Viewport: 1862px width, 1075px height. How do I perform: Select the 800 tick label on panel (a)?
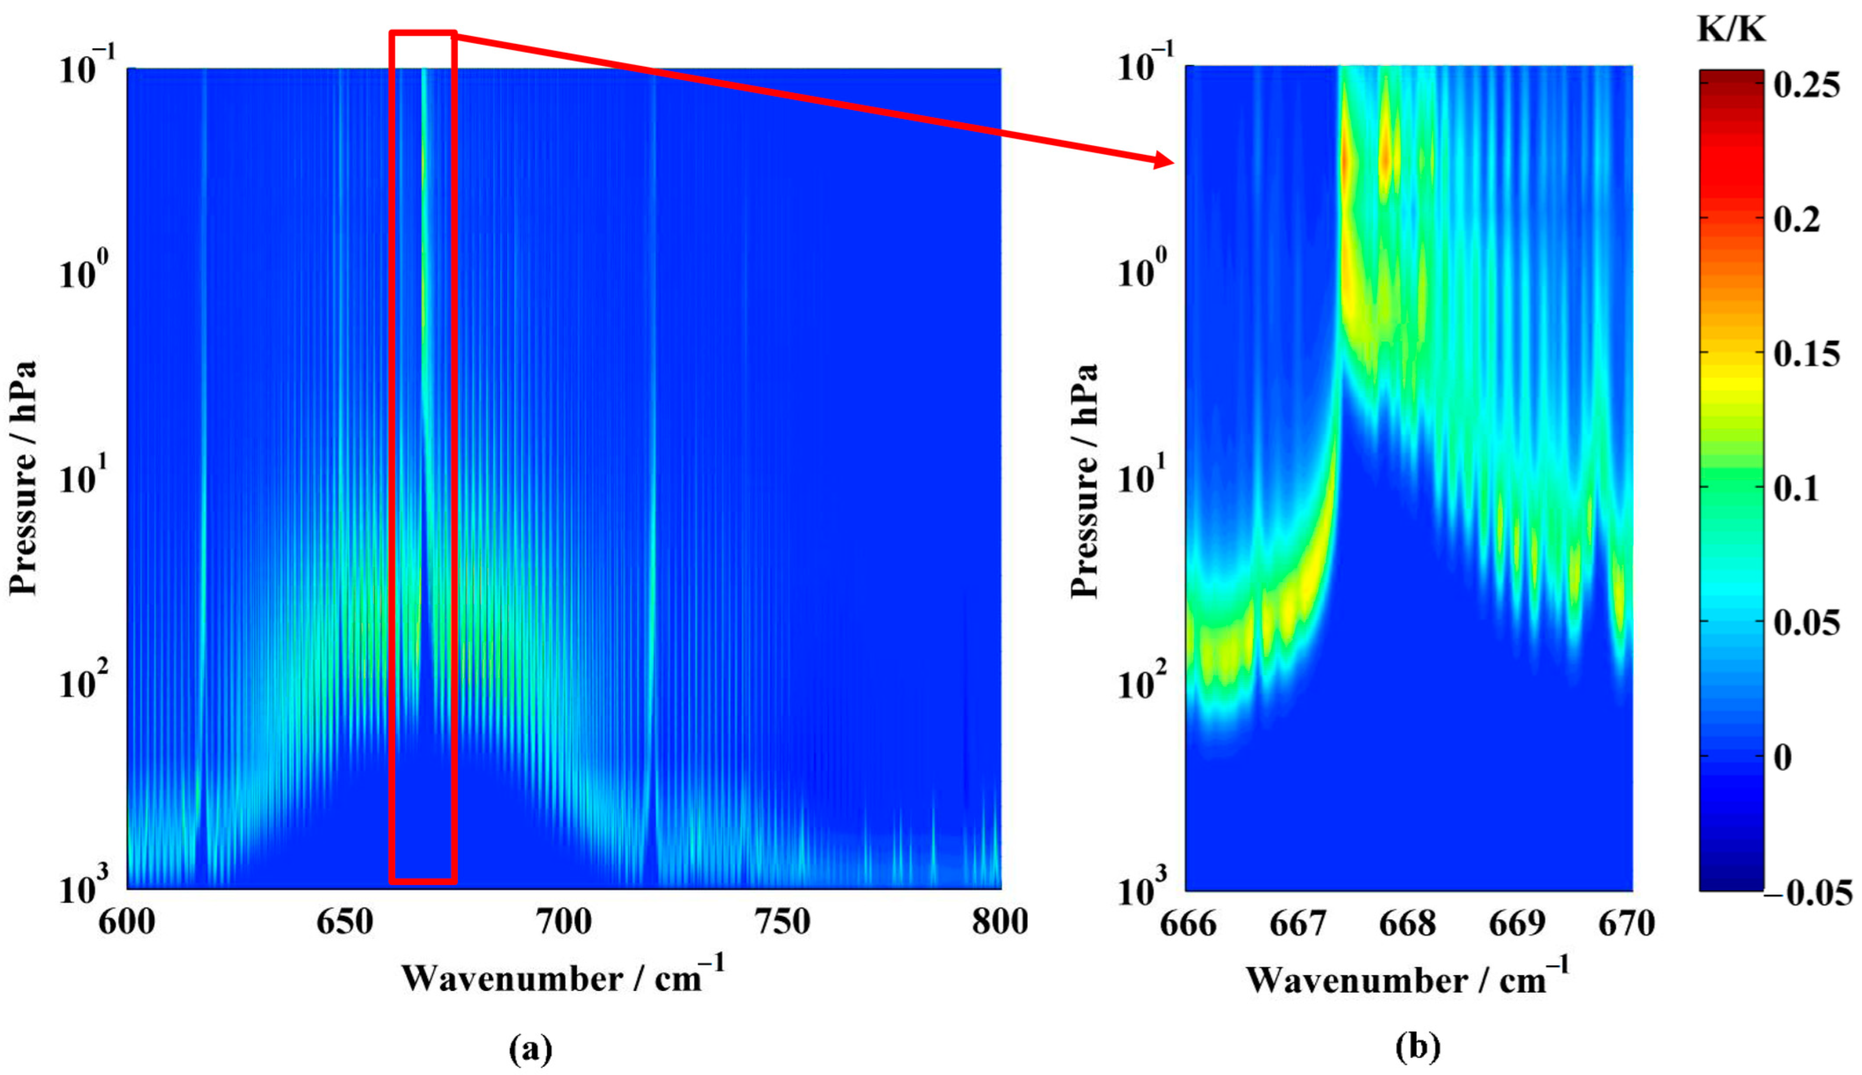[999, 923]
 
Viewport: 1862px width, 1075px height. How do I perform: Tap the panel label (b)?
[1417, 1047]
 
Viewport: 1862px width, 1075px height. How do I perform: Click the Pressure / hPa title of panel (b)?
[1084, 480]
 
